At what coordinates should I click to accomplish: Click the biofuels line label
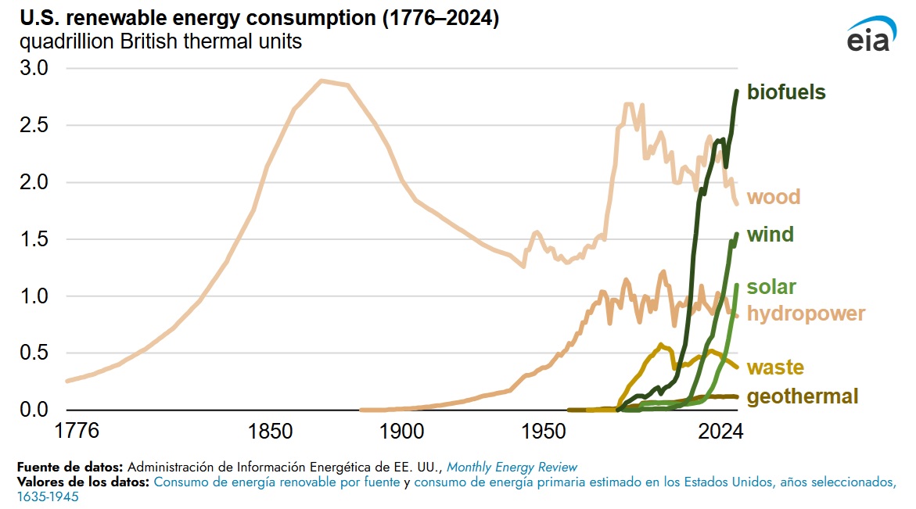[x=785, y=92]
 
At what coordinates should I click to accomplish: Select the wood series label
[x=774, y=196]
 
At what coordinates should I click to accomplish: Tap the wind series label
[x=770, y=235]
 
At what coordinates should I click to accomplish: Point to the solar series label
[x=771, y=286]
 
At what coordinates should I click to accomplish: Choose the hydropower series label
[x=806, y=314]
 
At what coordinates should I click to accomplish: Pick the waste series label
[x=775, y=367]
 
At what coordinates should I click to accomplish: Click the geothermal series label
[x=803, y=396]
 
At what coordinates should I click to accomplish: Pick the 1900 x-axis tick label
[x=401, y=431]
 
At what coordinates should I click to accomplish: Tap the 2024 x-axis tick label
[x=717, y=431]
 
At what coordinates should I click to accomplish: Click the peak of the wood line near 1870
[x=321, y=81]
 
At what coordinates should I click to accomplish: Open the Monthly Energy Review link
[x=512, y=467]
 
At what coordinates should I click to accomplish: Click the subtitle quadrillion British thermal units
[x=161, y=42]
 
